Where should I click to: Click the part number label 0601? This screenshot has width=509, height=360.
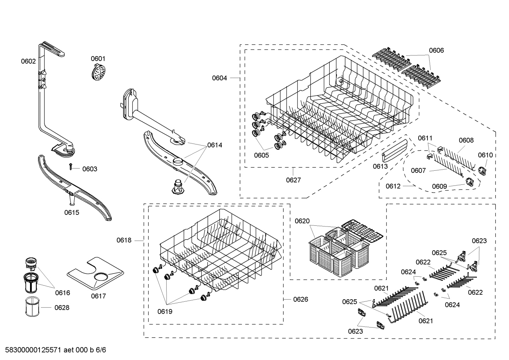(x=98, y=59)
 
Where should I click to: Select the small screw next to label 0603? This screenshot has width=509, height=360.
(x=71, y=167)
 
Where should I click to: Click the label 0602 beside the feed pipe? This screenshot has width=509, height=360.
(x=28, y=61)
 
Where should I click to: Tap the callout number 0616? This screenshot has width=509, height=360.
(x=62, y=293)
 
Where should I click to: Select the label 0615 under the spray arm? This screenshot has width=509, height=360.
(x=72, y=212)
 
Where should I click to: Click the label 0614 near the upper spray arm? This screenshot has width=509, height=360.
(x=215, y=145)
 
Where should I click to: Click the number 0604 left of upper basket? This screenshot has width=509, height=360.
(x=219, y=78)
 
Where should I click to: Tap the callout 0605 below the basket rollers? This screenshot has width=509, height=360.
(x=261, y=155)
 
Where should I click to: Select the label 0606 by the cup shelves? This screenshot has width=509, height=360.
(x=436, y=51)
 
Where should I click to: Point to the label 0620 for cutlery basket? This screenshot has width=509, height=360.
(x=302, y=221)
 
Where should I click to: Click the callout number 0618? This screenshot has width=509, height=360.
(x=124, y=240)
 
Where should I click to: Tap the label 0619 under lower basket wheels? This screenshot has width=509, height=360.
(x=165, y=312)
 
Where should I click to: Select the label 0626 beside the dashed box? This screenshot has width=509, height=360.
(x=300, y=299)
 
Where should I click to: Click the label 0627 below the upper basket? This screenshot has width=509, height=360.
(x=293, y=180)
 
